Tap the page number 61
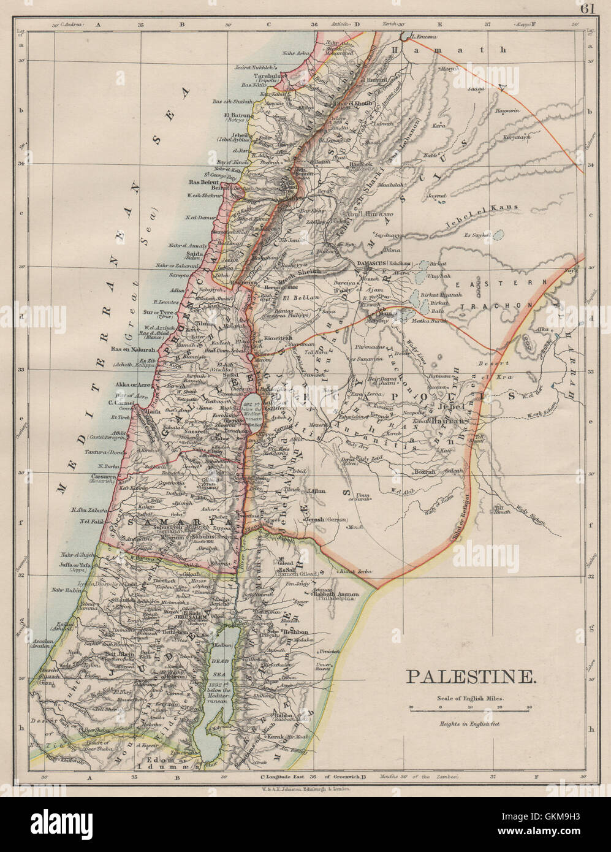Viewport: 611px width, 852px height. click(588, 8)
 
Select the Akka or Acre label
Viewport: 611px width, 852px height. click(133, 385)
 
